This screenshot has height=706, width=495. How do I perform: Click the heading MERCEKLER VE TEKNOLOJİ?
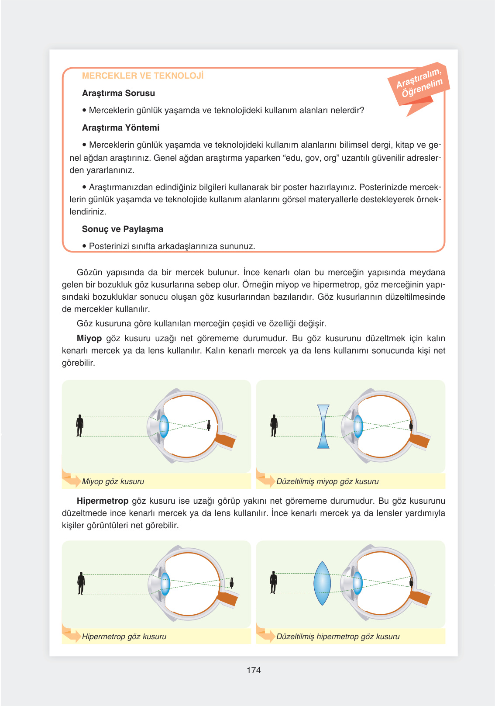143,76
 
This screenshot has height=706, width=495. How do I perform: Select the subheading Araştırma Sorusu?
118,93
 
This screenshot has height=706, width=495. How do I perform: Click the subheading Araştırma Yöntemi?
120,128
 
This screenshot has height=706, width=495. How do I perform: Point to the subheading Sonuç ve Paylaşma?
122,229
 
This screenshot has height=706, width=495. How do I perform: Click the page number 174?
253,670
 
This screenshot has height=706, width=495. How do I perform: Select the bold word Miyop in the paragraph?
89,338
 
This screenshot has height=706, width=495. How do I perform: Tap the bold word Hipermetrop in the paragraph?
103,501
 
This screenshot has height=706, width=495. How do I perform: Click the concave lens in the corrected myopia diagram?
323,426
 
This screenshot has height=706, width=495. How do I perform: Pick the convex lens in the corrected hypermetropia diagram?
322,583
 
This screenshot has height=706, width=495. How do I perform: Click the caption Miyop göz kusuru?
113,481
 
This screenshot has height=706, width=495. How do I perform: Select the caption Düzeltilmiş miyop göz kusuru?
327,481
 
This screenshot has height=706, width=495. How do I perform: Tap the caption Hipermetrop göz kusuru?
124,637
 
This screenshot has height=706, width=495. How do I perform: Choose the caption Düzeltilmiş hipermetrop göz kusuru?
338,637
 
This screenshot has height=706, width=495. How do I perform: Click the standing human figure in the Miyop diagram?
79,426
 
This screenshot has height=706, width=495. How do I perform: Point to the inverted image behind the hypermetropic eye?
232,583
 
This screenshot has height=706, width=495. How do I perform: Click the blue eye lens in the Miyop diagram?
164,426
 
